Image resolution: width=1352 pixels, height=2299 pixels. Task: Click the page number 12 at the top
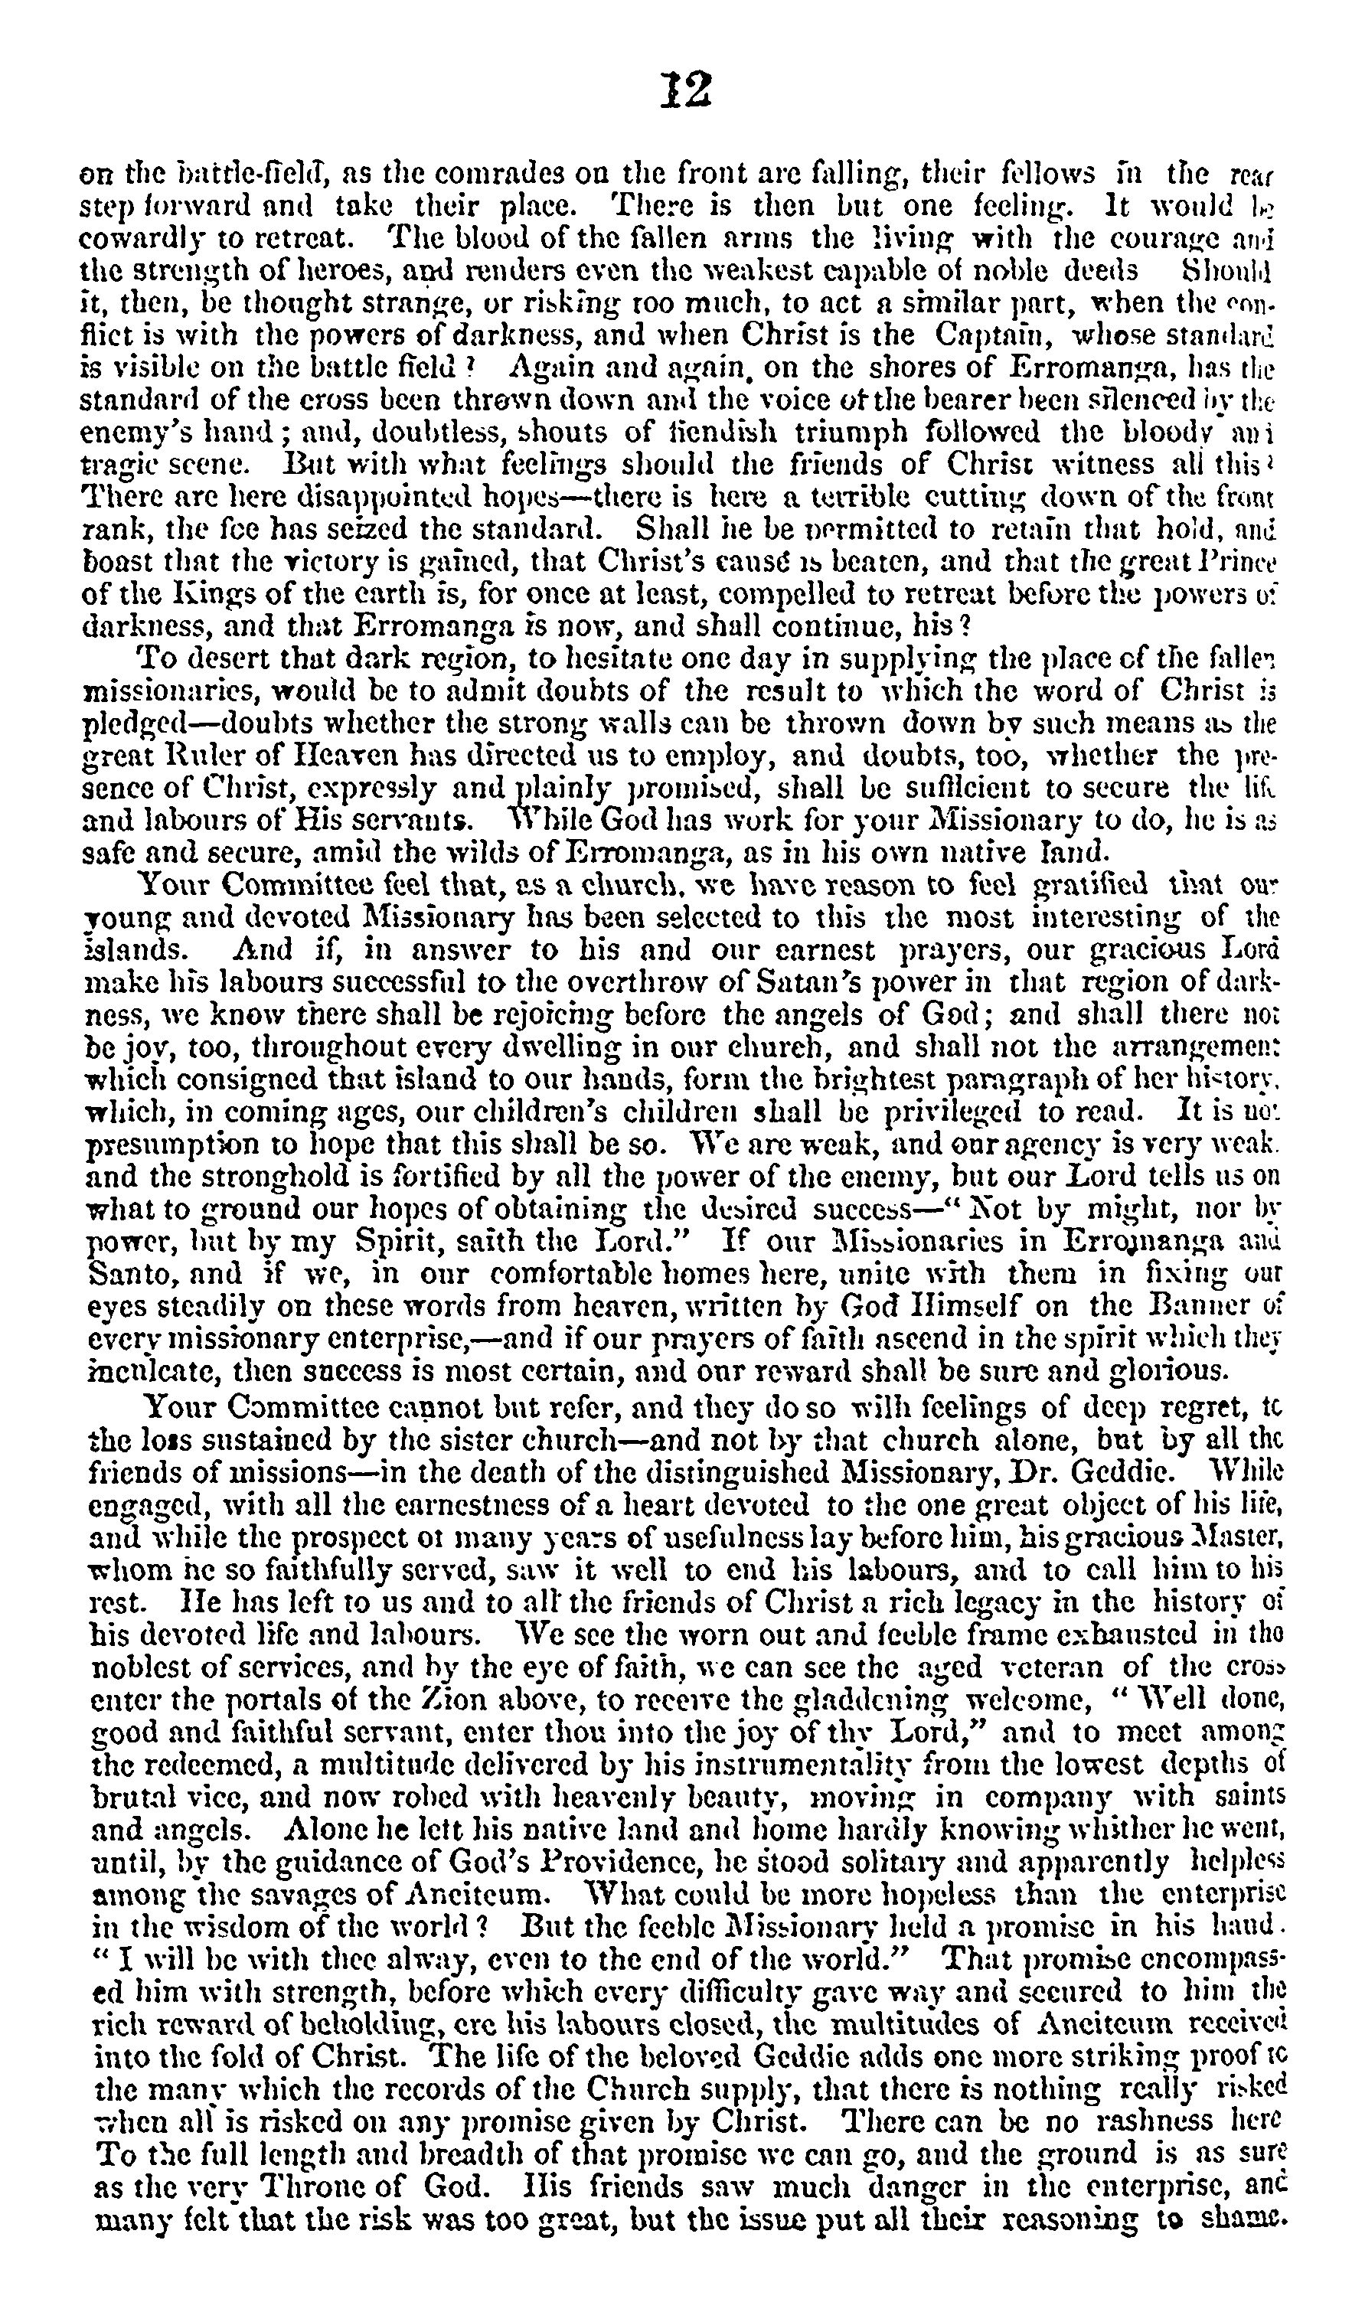(x=685, y=90)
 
